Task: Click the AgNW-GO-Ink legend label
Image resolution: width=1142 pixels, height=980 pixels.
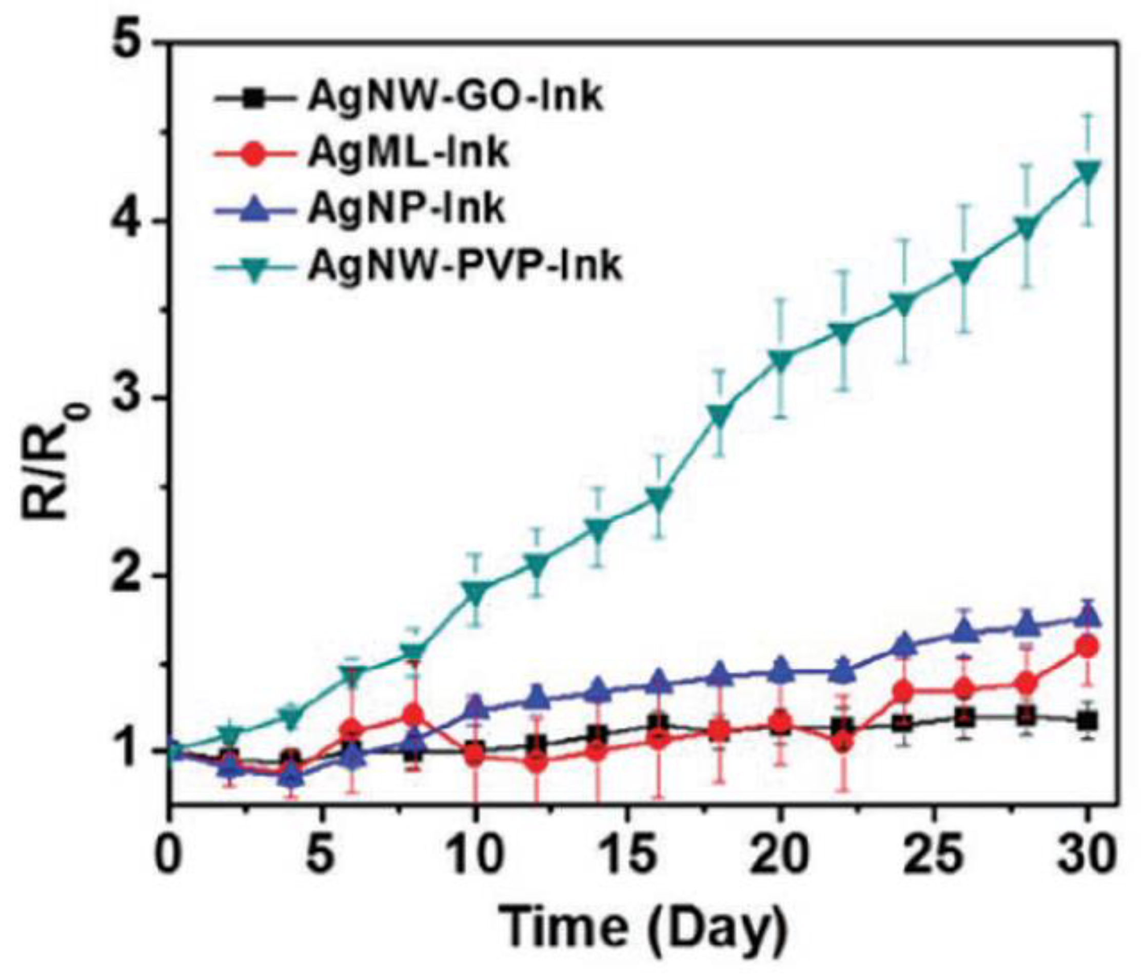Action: pos(455,98)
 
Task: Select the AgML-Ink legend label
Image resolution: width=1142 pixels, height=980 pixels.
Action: pos(408,153)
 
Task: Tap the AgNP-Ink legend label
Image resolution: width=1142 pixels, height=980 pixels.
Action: pos(406,209)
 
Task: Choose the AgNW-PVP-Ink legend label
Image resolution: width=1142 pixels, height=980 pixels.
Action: pos(465,266)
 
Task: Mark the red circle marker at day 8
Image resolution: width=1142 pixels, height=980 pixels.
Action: pos(414,715)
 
